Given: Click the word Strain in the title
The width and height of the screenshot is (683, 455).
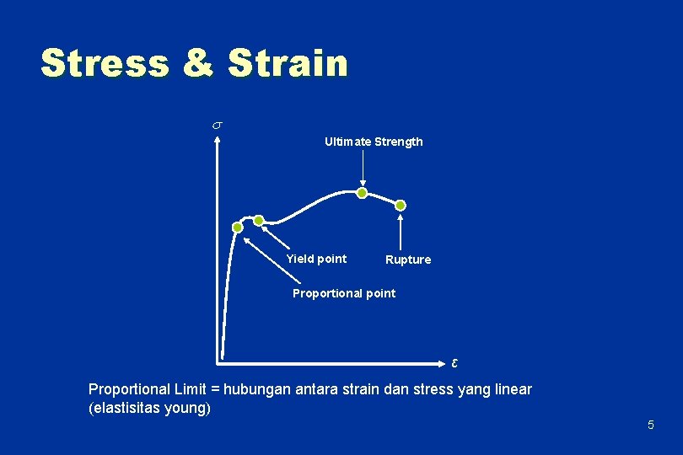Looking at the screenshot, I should pos(288,63).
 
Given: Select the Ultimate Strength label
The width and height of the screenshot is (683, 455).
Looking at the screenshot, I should pos(374,142).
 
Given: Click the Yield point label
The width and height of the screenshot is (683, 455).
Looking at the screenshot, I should pos(316,259).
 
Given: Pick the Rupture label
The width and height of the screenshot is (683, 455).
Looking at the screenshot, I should pos(408,260).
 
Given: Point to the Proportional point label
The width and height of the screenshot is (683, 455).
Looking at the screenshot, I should pos(343,293).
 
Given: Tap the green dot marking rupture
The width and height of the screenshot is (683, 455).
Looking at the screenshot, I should pos(401,205).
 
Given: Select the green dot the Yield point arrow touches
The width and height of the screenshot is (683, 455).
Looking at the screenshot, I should pos(259,221).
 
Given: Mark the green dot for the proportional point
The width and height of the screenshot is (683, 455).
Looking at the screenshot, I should pos(238,227).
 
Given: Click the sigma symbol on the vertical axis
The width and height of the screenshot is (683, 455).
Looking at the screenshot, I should pos(216,126).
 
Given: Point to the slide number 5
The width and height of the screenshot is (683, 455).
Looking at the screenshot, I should pos(650,425).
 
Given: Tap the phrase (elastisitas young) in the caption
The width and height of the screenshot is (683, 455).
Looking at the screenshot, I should pos(149,409).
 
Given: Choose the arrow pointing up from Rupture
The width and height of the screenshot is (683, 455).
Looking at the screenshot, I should pos(401,232).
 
